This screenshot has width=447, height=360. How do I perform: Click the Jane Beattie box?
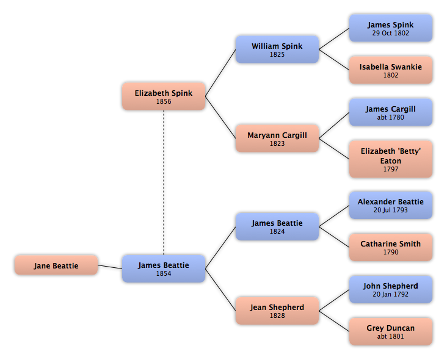coord(56,265)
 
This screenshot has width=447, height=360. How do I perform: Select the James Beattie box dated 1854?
coord(163,269)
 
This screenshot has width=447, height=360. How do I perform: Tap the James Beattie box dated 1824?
coord(277,227)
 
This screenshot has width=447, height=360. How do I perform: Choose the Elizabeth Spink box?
coord(163,96)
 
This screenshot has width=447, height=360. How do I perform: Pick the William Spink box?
coord(277,49)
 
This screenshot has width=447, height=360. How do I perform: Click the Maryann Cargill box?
coord(277,139)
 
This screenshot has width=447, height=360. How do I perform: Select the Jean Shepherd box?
coord(277,311)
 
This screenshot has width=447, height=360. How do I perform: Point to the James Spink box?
coord(390,28)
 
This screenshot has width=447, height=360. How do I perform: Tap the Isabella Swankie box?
coord(390,70)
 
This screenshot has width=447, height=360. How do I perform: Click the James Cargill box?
coord(390,112)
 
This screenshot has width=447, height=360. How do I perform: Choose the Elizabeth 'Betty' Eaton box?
coord(390,159)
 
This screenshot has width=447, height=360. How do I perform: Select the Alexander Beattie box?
coord(390,205)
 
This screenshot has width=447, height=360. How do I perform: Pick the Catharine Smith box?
coord(390,247)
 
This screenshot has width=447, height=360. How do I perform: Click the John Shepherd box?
coord(390,289)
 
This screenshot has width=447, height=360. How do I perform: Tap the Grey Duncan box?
coord(390,331)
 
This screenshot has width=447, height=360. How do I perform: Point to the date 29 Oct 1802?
coord(390,34)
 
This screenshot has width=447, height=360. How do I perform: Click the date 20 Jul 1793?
coord(390,210)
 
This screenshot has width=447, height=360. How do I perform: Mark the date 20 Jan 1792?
coord(390,294)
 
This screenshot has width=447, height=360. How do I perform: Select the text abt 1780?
coord(390,118)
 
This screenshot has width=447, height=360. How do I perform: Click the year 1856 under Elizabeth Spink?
coord(163,102)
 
